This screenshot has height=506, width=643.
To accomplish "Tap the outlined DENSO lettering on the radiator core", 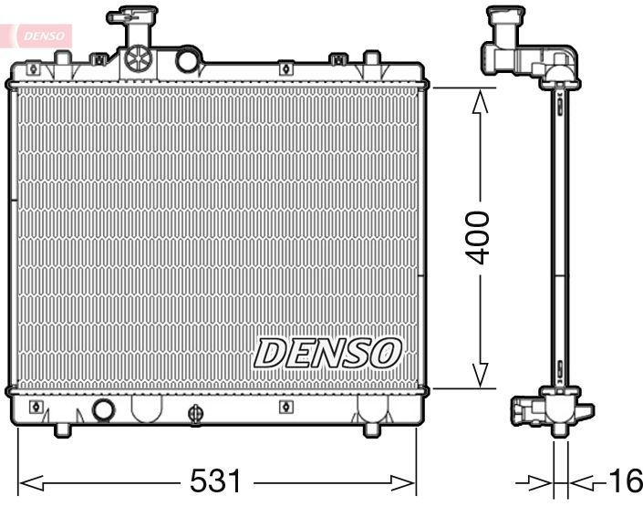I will point(327,353).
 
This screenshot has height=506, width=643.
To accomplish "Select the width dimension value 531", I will point(216,481).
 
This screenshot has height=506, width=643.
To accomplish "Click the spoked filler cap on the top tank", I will point(137,58).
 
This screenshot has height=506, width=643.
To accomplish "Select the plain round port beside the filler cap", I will point(188,60).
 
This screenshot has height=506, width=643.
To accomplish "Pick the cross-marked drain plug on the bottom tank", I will point(194,414).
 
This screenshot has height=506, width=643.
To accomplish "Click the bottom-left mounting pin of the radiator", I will point(63,429).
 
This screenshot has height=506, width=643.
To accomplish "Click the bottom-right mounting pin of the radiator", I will point(373,429).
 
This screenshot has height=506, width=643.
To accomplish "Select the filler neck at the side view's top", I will point(505,36).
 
